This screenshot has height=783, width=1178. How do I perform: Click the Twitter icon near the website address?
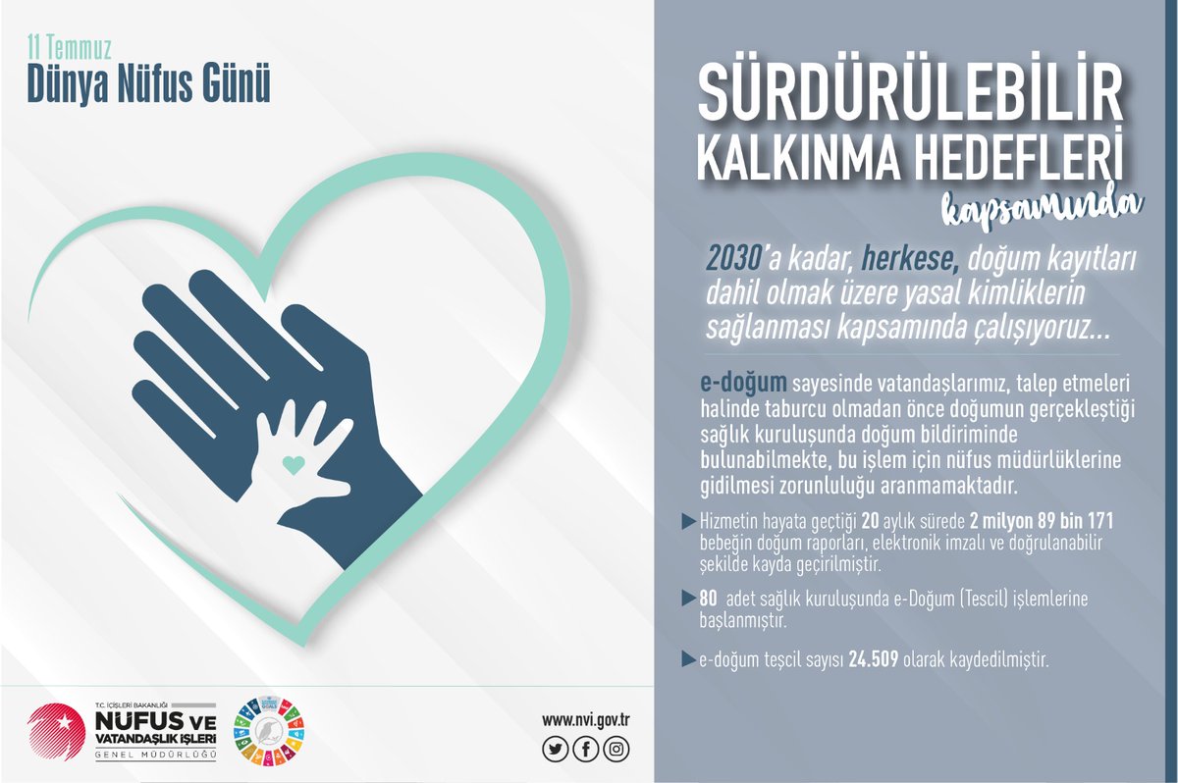pos(555,750)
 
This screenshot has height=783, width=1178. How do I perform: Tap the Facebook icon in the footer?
pos(586,750)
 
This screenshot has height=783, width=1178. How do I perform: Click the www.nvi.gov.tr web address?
pos(585,720)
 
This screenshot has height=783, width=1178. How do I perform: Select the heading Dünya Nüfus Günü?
pos(148,86)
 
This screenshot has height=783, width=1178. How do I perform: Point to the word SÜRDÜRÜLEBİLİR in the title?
pos(910,98)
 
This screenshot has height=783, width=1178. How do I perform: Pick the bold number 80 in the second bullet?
pos(709,598)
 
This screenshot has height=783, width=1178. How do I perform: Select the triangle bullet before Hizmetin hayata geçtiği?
pos(688,519)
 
